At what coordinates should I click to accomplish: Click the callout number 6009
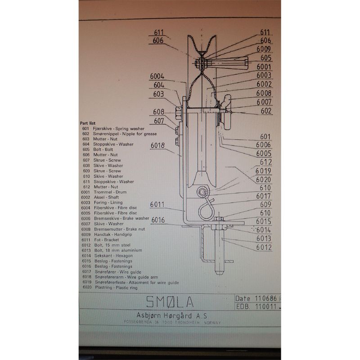pyautogui.click(x=264, y=49)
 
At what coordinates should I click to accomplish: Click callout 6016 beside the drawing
pyautogui.click(x=158, y=220)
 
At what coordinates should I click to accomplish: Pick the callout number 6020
pyautogui.click(x=264, y=179)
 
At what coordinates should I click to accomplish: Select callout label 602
pyautogui.click(x=266, y=110)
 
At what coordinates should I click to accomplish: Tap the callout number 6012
pyautogui.click(x=264, y=247)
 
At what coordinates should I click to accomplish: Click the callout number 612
pyautogui.click(x=266, y=162)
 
